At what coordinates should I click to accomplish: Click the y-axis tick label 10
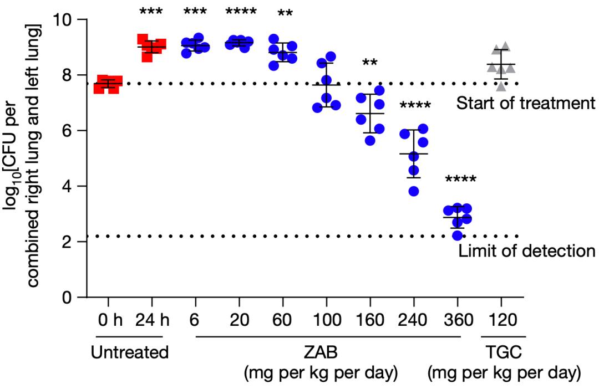64,20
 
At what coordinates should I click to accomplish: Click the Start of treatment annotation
525,103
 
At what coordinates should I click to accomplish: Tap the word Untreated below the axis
129,352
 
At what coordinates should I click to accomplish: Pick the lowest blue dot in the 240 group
414,192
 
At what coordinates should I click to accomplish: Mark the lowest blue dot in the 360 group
455,236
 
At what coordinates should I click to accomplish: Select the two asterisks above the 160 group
369,63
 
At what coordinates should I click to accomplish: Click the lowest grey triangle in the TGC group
501,86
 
